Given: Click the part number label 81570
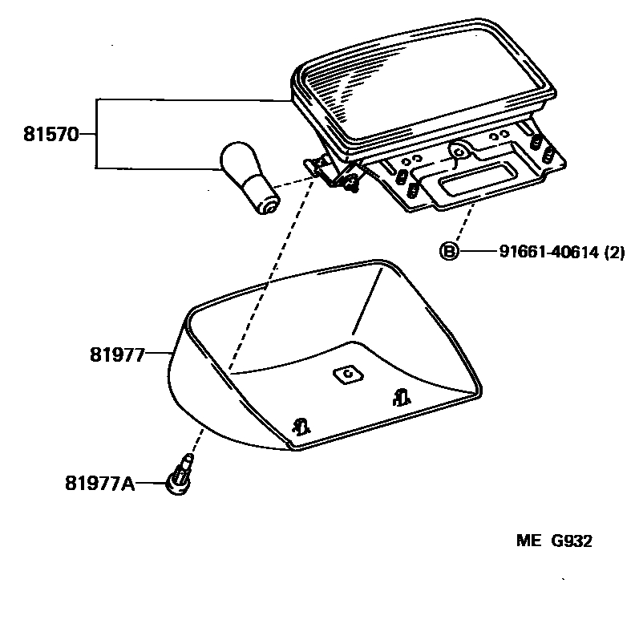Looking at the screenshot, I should coord(51,135).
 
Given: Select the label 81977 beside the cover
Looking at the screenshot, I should coord(115,353).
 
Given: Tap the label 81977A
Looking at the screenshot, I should coord(99,484).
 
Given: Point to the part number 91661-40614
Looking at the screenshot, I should coord(548,252).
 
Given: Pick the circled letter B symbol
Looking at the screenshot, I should coord(448,252).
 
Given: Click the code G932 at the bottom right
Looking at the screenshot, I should coord(570,541).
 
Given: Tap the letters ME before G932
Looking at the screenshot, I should coord(529,541).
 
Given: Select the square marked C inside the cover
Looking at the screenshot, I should coord(347,375).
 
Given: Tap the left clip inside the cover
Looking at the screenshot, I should coord(301,426).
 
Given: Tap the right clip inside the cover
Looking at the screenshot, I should coord(401,395).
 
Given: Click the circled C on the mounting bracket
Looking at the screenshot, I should coord(459,150).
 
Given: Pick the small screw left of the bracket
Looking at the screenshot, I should coord(350,187).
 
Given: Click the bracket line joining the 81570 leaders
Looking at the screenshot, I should coord(96,135).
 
